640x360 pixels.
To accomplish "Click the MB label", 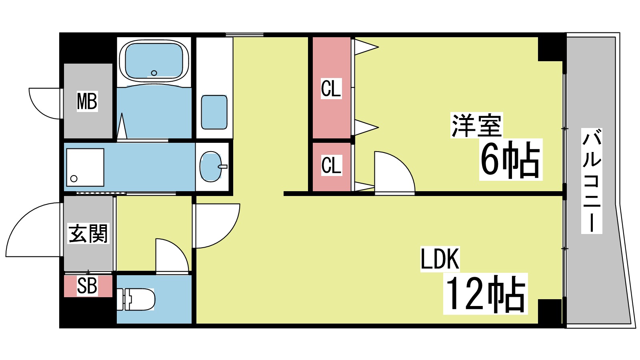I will point(87,101).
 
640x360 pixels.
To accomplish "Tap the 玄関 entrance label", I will point(88,234).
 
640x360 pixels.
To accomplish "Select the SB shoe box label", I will point(87,286).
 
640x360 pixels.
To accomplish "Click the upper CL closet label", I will point(331,88).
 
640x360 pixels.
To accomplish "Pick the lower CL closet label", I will point(331,165).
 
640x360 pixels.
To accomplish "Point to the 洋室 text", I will point(476,126).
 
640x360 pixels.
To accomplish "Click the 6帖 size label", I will point(510,160).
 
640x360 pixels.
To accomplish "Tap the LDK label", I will point(440,259).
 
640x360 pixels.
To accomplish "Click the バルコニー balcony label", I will point(592,181).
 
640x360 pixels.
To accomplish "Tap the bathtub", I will point(154,60).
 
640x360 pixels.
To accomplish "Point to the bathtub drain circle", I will point(154,73).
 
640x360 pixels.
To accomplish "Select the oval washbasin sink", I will point(211,166).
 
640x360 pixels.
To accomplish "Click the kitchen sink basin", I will point(214,112).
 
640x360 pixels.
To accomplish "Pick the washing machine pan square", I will point(85,167).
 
